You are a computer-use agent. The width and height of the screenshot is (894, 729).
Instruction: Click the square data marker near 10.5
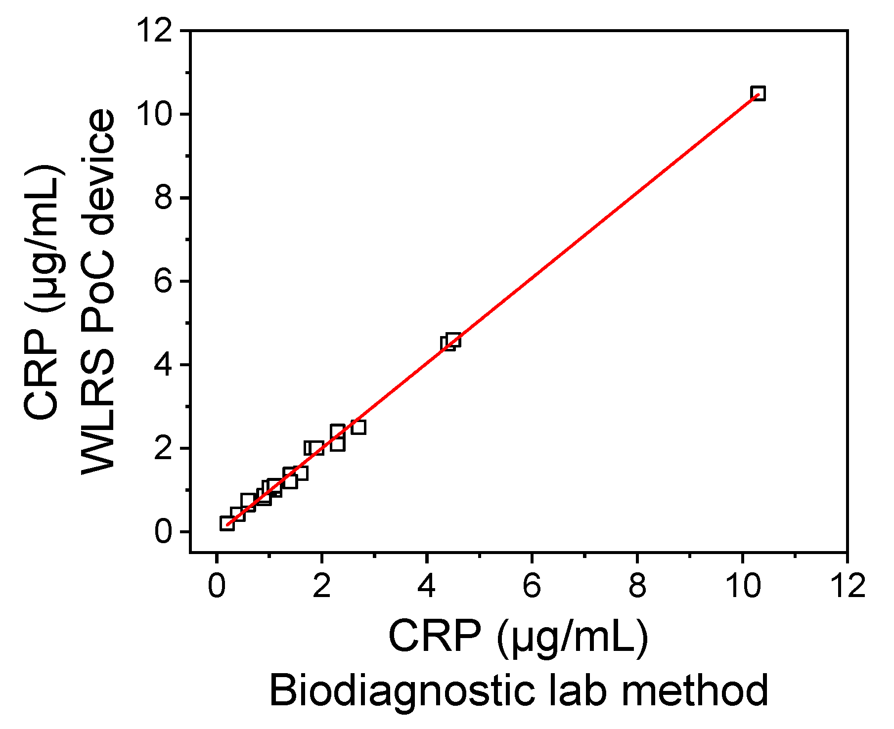point(758,93)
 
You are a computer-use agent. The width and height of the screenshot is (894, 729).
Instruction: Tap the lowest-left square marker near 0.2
point(227,523)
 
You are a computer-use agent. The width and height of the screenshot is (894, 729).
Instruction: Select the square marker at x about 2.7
point(358,427)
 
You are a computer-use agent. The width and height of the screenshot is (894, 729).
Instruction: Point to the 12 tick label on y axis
point(155,31)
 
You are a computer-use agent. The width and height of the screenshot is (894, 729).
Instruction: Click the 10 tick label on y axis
point(155,114)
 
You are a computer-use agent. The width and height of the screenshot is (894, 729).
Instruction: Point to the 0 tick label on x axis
point(216,586)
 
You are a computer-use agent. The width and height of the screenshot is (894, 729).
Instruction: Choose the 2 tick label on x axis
point(321,586)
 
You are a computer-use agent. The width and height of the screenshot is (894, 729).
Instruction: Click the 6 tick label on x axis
point(532,586)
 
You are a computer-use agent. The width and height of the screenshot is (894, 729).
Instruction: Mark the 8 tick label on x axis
point(637,586)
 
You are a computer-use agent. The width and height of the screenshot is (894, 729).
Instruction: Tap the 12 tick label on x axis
point(848,586)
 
